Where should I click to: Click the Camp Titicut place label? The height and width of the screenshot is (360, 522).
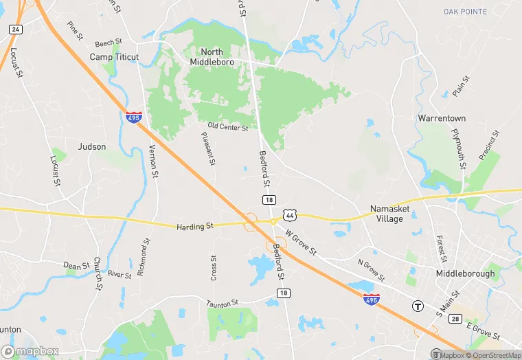point(114,57)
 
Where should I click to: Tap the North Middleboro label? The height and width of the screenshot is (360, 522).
point(212,56)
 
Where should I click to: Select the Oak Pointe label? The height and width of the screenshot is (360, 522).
point(465,12)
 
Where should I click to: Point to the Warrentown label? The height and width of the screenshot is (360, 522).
point(442,118)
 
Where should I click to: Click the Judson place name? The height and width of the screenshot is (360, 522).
point(92,146)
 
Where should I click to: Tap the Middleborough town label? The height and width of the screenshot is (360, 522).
point(465,273)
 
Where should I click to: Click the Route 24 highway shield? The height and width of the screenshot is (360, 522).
point(15,30)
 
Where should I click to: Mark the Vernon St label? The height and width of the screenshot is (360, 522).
point(155,161)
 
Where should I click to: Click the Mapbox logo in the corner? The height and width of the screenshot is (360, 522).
point(30,351)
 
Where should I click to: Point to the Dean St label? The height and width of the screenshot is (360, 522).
point(76,265)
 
